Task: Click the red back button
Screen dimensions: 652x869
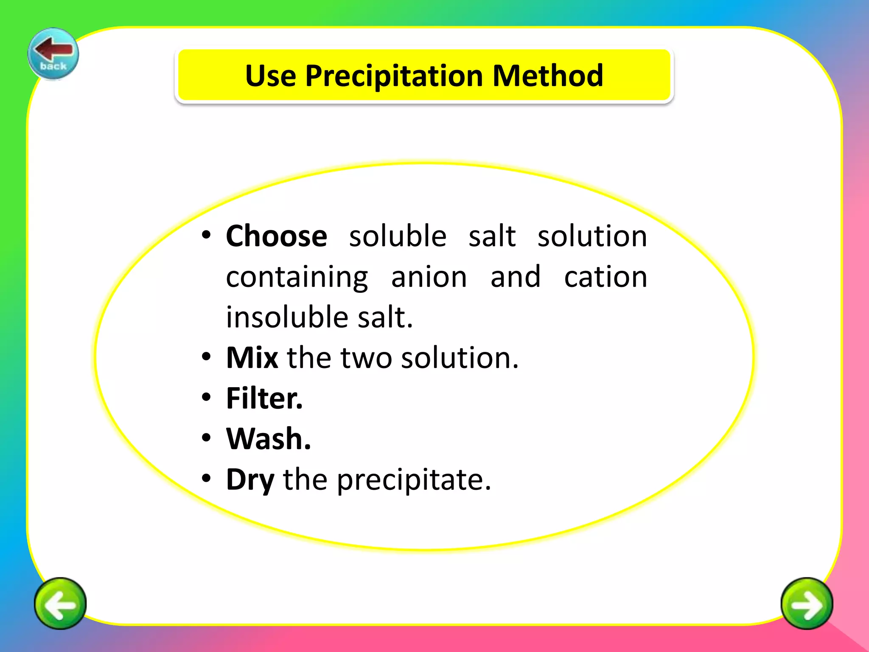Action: pyautogui.click(x=53, y=53)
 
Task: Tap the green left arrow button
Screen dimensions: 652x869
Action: pyautogui.click(x=60, y=603)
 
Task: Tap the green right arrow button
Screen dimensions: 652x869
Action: pyautogui.click(x=807, y=603)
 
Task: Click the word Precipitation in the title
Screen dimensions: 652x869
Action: pyautogui.click(x=394, y=76)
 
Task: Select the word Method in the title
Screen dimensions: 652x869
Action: pyautogui.click(x=548, y=76)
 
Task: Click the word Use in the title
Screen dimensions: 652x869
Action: pyautogui.click(x=271, y=76)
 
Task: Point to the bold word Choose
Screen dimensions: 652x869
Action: pyautogui.click(x=277, y=236)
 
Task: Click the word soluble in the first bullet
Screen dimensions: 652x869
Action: pyautogui.click(x=398, y=236)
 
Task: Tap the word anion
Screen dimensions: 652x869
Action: pyautogui.click(x=429, y=277)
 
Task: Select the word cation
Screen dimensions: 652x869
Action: pyautogui.click(x=605, y=277)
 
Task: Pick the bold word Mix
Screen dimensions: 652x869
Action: pyautogui.click(x=252, y=357)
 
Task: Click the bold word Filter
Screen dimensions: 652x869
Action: pyautogui.click(x=264, y=398)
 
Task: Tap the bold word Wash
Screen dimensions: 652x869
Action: pyautogui.click(x=269, y=438)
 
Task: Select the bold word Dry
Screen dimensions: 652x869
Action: pyautogui.click(x=250, y=480)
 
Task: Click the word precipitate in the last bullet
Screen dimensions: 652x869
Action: pyautogui.click(x=414, y=480)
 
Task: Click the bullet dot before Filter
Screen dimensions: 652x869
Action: pyautogui.click(x=206, y=397)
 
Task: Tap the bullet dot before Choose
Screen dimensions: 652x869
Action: pyautogui.click(x=206, y=235)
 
